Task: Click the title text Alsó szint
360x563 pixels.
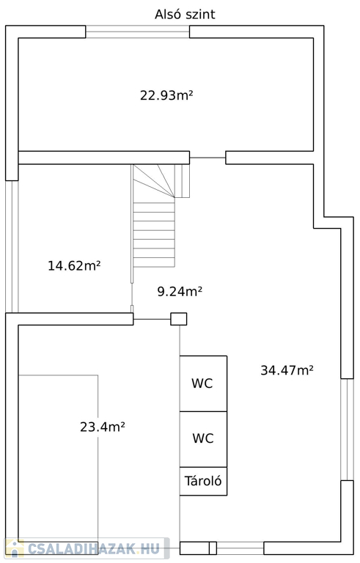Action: [185, 15]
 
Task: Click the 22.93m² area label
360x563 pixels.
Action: [166, 95]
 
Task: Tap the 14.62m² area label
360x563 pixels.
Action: [74, 265]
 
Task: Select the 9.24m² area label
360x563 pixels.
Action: [180, 291]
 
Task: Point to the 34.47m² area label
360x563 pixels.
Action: [287, 369]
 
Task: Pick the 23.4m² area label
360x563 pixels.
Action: [103, 427]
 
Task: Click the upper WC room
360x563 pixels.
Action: [203, 383]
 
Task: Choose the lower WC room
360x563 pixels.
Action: [203, 439]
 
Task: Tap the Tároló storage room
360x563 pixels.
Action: [203, 481]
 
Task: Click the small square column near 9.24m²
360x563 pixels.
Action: [179, 319]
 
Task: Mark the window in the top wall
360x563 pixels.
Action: [138, 32]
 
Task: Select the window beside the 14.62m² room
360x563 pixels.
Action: [12, 246]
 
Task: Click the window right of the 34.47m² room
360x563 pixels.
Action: [347, 429]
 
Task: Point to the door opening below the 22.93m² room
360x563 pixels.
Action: [207, 158]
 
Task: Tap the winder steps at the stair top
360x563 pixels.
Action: [161, 181]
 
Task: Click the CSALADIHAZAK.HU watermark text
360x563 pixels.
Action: [93, 548]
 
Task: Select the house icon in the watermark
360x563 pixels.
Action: [15, 548]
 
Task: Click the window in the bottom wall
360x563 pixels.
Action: [240, 548]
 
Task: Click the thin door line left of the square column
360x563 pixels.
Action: [152, 319]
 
